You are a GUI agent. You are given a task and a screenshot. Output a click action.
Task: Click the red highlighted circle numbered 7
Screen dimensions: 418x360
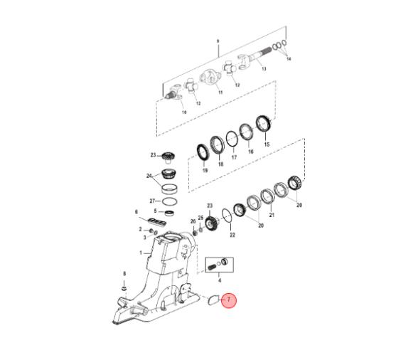[229, 300]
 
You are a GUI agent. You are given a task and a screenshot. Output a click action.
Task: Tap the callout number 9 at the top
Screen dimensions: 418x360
[218, 41]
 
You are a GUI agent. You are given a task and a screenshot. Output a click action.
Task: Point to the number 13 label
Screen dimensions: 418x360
[264, 68]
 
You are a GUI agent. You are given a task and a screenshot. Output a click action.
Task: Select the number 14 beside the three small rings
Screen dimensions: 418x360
[289, 59]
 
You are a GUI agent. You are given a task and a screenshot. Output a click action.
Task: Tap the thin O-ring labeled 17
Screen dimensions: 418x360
[232, 139]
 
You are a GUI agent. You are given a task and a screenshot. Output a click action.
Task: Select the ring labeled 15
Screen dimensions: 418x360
[263, 124]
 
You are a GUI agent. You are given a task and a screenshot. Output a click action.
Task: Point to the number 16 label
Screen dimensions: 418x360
[250, 152]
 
